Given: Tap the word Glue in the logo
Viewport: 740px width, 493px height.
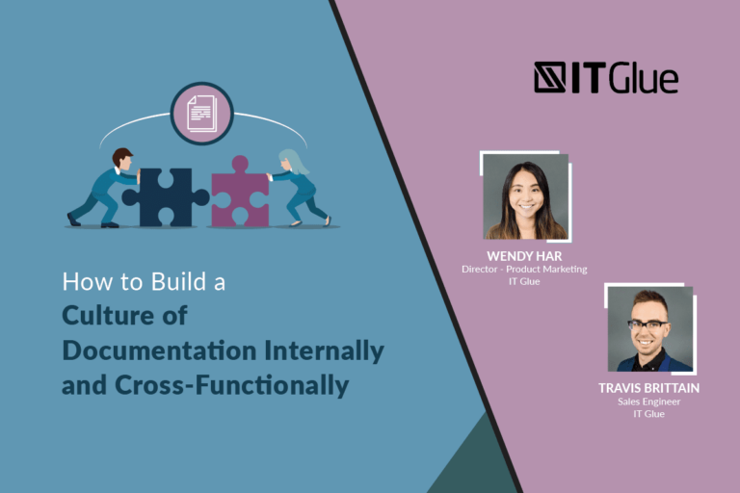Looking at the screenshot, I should tap(643, 78).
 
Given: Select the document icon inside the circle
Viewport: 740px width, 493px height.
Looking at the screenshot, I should tap(202, 114).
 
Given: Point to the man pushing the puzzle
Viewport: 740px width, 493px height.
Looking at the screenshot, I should tap(104, 187).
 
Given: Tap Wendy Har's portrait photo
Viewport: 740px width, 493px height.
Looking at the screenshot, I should tap(525, 196).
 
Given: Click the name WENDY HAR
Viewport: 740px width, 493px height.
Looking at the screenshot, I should tap(523, 256).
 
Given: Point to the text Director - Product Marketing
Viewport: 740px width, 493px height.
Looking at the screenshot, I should tap(523, 270).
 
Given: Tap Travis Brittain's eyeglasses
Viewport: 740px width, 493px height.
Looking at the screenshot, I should tap(648, 324).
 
